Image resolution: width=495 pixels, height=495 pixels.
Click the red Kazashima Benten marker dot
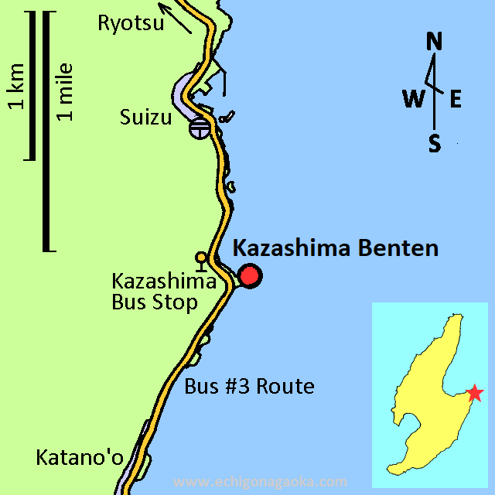click(x=250, y=276)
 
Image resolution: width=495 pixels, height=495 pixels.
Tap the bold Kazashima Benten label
click(x=336, y=248)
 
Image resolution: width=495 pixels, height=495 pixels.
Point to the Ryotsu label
click(x=131, y=23)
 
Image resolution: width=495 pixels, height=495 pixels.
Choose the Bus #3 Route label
click(x=249, y=386)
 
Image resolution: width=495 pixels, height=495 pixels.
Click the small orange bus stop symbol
click(x=201, y=259)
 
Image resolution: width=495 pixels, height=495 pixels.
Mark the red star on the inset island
click(x=475, y=394)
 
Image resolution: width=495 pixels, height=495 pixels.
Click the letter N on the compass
click(x=435, y=43)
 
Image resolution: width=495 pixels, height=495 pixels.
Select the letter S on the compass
click(x=435, y=143)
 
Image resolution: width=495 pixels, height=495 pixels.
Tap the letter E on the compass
click(x=456, y=98)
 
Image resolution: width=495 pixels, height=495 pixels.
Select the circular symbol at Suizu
click(x=199, y=128)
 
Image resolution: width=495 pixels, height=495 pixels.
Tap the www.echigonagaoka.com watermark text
click(x=261, y=482)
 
